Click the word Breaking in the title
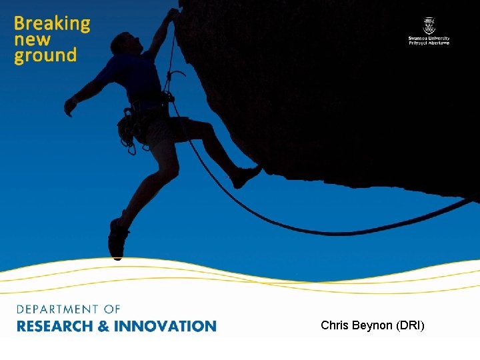pyautogui.click(x=52, y=24)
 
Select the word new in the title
pyautogui.click(x=32, y=40)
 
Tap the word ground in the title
pyautogui.click(x=45, y=56)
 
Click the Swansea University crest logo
pyautogui.click(x=429, y=26)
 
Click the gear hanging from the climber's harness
pyautogui.click(x=126, y=130)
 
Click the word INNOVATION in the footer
pyautogui.click(x=165, y=326)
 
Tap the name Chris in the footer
pyautogui.click(x=334, y=326)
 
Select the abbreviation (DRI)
pyautogui.click(x=411, y=326)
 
